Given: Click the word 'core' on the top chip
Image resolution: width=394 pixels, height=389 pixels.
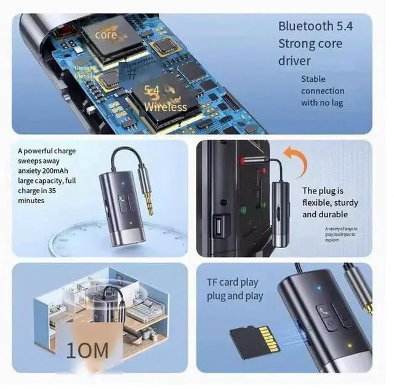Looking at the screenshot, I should (x=106, y=35).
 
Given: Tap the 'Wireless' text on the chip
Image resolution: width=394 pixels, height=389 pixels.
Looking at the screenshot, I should (x=165, y=107).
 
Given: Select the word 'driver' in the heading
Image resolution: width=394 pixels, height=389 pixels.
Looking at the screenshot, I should (x=295, y=61).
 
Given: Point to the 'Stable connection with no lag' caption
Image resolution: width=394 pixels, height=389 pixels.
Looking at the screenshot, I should (x=323, y=90).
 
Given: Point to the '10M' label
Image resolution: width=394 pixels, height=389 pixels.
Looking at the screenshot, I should (x=88, y=351).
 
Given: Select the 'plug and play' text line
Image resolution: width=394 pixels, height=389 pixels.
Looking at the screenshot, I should (x=235, y=296).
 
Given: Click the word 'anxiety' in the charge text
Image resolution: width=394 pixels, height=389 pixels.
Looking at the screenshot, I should (x=31, y=172).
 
